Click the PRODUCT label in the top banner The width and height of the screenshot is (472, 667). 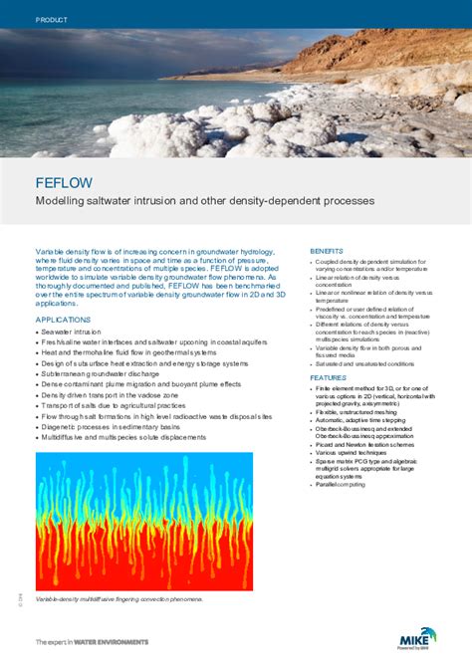(51, 20)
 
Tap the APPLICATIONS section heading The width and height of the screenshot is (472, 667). (64, 320)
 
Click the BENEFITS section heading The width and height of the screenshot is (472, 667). (327, 250)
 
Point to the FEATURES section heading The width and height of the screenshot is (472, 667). (328, 378)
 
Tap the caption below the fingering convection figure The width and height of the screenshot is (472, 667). (118, 599)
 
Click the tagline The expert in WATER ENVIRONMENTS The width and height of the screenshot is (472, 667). (92, 642)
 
